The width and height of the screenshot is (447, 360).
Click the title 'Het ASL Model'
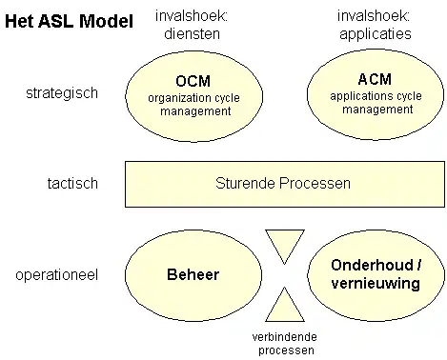click(69, 21)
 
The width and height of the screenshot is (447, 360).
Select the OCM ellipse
click(191, 92)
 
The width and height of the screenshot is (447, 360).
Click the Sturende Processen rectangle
click(283, 183)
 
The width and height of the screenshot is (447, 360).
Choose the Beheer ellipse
click(191, 275)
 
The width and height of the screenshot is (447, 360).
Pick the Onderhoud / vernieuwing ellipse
click(375, 275)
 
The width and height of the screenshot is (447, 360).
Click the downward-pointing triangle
click(283, 244)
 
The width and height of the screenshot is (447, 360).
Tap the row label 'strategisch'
click(62, 93)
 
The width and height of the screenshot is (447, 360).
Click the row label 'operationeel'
click(56, 275)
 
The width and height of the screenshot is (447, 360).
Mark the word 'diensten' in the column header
click(193, 32)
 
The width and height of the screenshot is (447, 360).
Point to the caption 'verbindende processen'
click(283, 343)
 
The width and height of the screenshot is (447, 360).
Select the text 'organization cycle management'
click(191, 104)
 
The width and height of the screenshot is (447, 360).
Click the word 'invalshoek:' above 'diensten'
click(193, 16)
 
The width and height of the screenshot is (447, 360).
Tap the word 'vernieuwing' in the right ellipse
click(375, 284)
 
